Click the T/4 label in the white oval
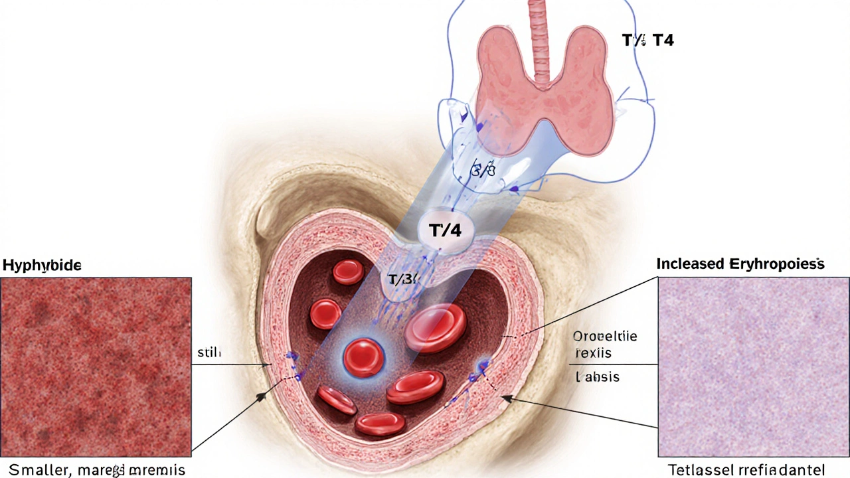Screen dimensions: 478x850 click(x=444, y=231)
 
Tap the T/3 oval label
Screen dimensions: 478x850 click(x=401, y=280)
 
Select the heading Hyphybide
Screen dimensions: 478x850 click(x=42, y=266)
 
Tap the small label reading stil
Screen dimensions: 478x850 click(x=209, y=353)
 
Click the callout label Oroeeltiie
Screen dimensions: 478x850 click(x=604, y=337)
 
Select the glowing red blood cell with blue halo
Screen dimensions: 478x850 click(x=363, y=357)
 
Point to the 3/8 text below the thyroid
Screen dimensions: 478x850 click(x=483, y=171)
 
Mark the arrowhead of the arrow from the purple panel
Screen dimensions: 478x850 click(x=504, y=397)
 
